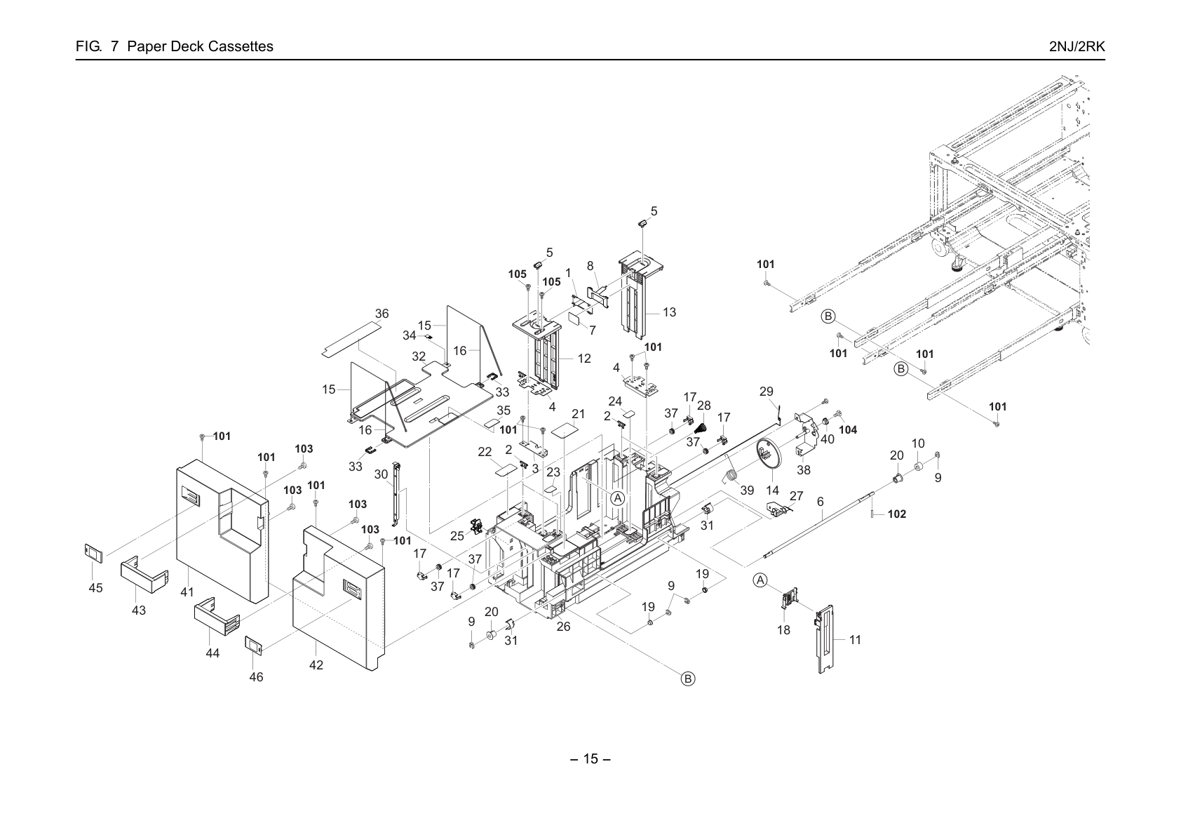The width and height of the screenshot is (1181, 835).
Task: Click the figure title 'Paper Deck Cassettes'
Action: pos(201,46)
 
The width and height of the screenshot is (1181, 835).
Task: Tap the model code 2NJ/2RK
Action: pos(1077,46)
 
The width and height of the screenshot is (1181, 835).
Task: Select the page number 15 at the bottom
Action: pos(590,759)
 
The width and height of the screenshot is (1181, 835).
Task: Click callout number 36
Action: pos(382,314)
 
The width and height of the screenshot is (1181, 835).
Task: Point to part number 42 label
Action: pos(316,665)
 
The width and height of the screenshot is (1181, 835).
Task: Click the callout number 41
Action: pos(187,592)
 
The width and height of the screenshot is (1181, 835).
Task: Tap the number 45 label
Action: pos(95,587)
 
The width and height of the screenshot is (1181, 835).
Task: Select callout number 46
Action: pos(256,676)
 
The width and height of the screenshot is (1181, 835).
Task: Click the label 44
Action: pos(212,653)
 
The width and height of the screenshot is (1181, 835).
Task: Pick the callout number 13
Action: pos(669,312)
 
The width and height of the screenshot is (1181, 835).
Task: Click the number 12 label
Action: pos(584,358)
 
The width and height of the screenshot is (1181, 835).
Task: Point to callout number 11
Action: pos(855,640)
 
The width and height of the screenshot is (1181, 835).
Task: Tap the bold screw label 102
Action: pos(897,514)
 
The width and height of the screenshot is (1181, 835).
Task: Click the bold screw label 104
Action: pos(848,430)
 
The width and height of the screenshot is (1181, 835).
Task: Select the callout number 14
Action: pos(772,491)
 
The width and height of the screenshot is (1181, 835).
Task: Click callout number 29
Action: pos(766,392)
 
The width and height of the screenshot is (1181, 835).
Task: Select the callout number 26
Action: pos(564,626)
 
